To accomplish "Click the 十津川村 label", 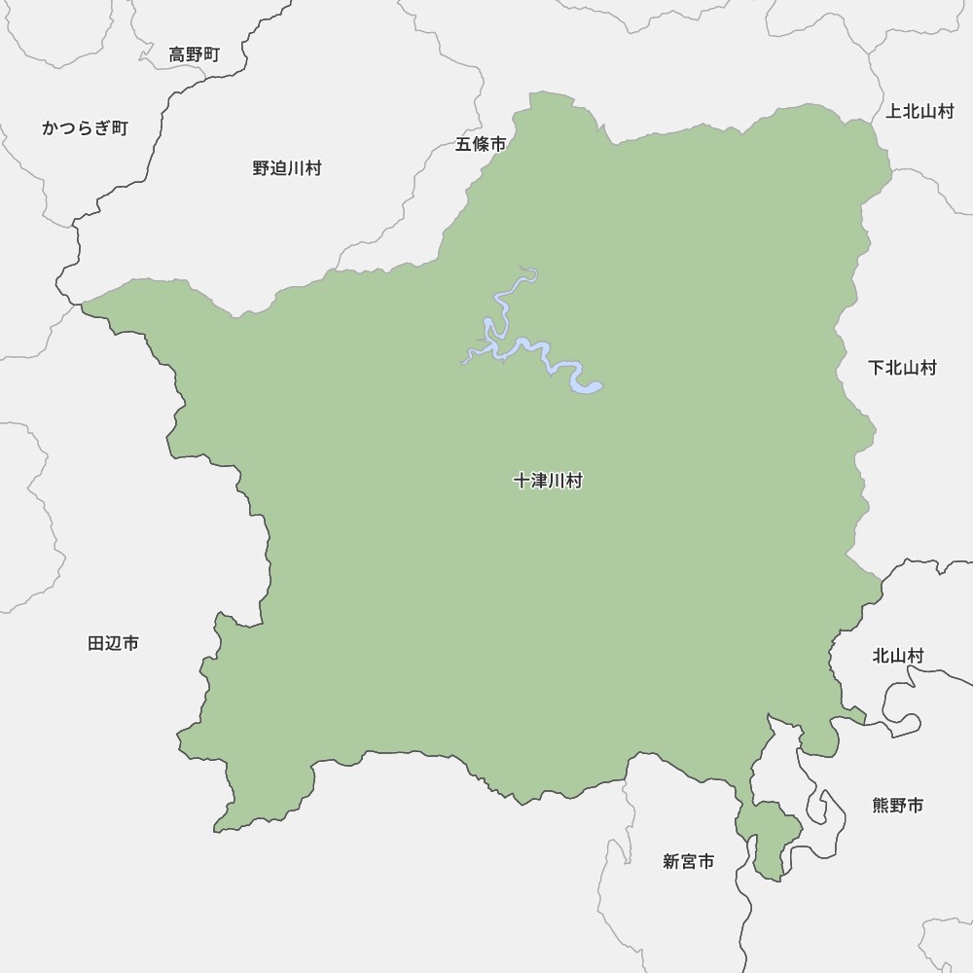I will (548, 481).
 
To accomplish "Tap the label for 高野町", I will (195, 55).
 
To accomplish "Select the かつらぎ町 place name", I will (85, 128).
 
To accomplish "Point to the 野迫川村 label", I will (287, 168).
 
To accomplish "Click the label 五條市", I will (481, 144).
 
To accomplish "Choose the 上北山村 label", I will (919, 111).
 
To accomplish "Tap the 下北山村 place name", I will (902, 368).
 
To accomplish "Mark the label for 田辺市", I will (113, 643).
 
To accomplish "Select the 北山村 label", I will (897, 657).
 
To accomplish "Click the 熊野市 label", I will (898, 806).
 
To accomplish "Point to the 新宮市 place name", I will (689, 861).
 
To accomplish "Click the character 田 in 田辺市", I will (96, 643).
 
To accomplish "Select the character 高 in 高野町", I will (177, 55).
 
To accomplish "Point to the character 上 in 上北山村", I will (894, 111).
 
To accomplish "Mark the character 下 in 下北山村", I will (877, 368).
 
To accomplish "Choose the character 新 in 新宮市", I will (671, 861).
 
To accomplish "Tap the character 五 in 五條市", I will (464, 144).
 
